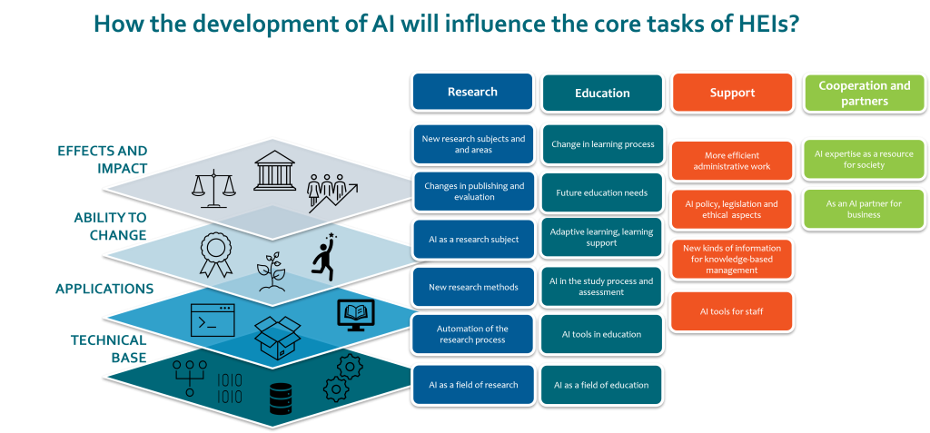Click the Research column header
472,92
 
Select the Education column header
602,93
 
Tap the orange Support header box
732,93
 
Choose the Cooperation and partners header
864,93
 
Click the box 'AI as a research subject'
473,240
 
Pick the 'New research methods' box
473,288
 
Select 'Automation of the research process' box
473,334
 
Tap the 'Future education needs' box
602,192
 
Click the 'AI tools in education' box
602,334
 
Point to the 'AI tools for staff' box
731,311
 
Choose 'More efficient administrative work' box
731,161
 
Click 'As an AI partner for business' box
864,209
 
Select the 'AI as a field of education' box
602,385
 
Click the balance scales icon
211,185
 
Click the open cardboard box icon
277,338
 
